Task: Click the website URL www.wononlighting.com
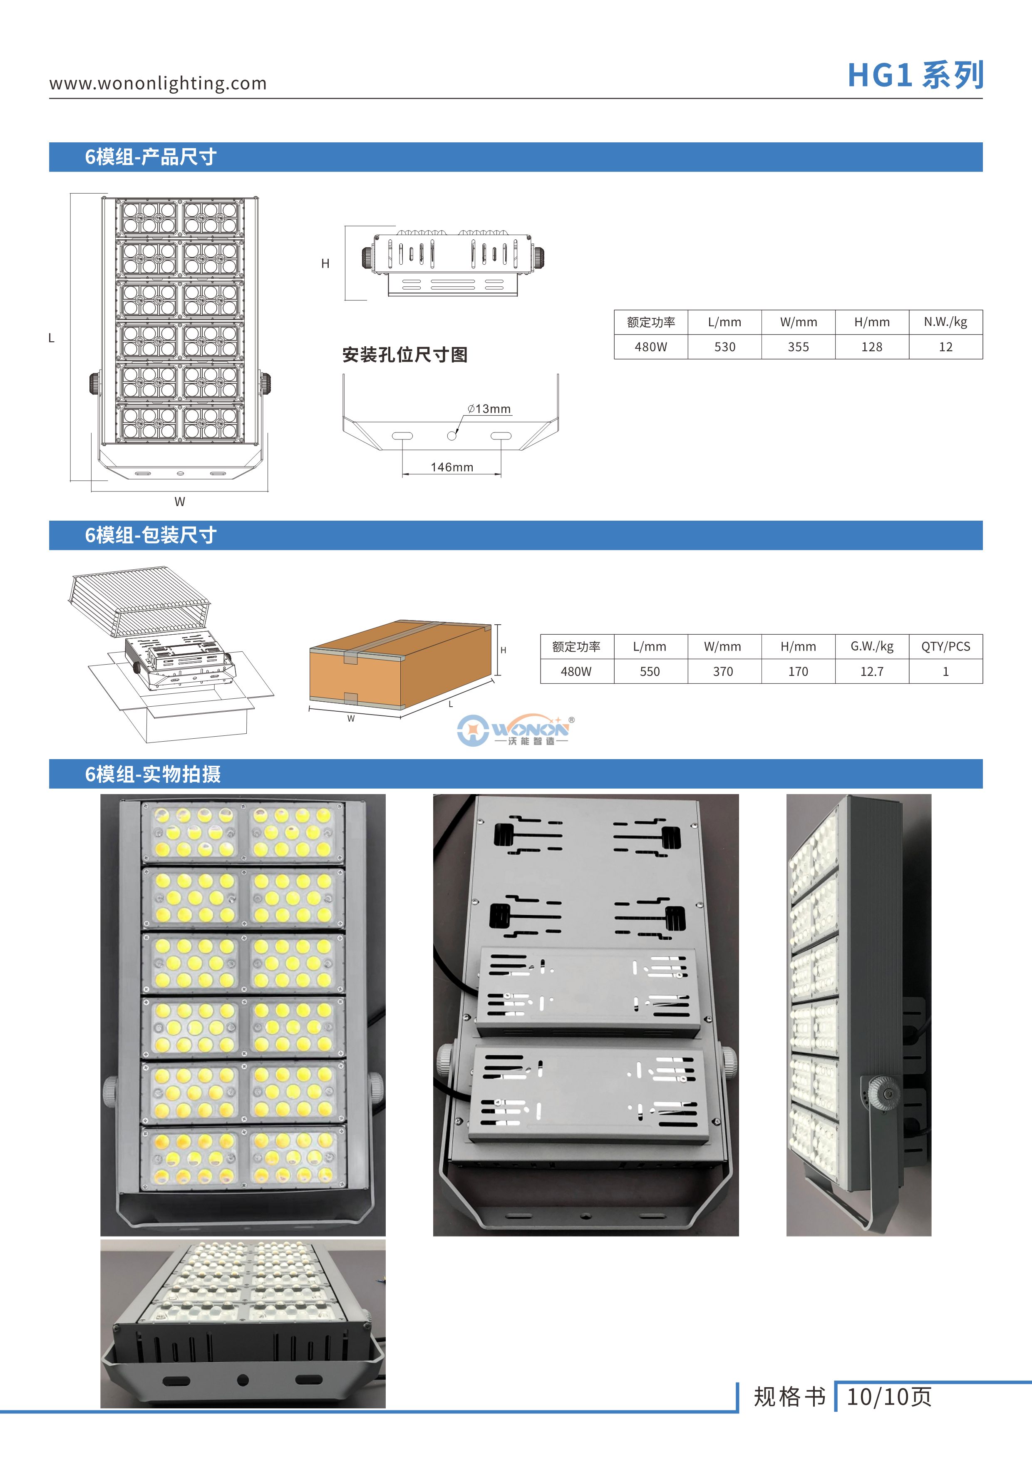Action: (158, 83)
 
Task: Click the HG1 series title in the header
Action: (915, 76)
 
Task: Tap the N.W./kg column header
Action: (945, 323)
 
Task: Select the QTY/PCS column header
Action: (945, 647)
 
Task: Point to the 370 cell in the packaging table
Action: (723, 671)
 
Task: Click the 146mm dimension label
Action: (451, 467)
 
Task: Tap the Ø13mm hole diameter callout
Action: (489, 409)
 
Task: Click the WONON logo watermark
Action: (516, 730)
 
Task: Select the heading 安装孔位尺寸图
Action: (404, 355)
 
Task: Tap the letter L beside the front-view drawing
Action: (52, 338)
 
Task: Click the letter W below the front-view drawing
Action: (180, 502)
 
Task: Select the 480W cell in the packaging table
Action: (576, 671)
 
